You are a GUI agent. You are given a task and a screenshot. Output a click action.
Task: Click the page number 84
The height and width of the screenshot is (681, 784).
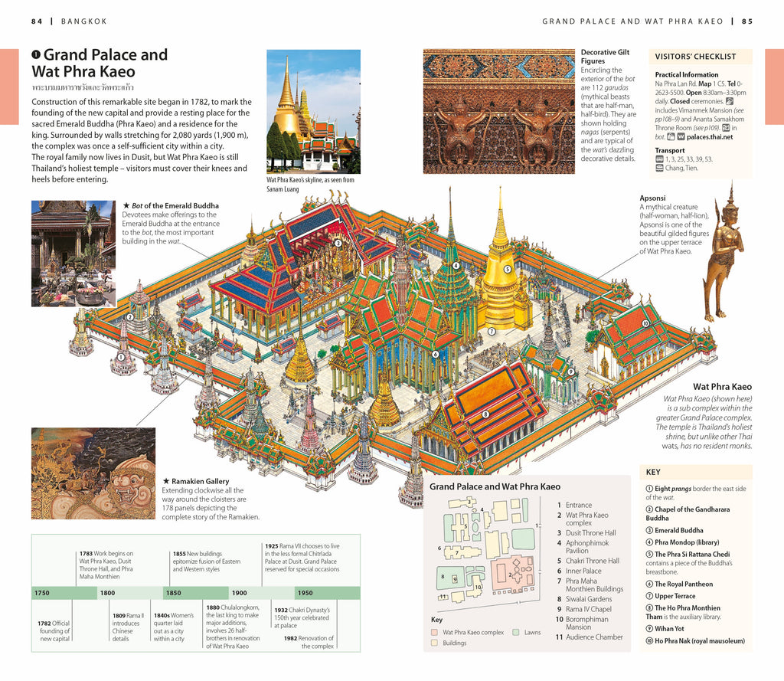(x=37, y=21)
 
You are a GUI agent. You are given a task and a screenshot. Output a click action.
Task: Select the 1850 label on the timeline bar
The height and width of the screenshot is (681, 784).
(x=174, y=593)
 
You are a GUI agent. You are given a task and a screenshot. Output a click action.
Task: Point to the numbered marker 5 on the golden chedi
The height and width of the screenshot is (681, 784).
(x=507, y=269)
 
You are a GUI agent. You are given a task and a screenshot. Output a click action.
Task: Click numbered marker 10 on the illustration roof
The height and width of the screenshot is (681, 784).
(x=645, y=323)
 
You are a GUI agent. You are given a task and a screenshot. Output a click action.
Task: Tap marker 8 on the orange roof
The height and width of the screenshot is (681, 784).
(x=485, y=414)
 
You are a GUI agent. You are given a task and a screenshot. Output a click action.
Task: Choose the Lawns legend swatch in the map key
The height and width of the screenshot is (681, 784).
(x=516, y=633)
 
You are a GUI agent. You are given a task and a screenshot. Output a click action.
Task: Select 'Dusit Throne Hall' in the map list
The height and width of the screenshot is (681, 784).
(x=590, y=533)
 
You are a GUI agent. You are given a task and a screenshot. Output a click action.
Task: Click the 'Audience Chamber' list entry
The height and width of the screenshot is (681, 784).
(x=594, y=637)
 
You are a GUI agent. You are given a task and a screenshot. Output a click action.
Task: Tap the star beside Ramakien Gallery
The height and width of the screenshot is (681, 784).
(x=165, y=481)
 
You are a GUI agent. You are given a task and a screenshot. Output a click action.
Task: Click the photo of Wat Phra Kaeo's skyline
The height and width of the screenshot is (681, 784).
(x=313, y=111)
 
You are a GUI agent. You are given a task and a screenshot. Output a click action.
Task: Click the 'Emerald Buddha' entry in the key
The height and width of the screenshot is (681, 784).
(x=678, y=530)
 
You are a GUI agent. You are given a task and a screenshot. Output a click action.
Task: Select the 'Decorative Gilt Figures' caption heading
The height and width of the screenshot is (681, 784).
(x=605, y=57)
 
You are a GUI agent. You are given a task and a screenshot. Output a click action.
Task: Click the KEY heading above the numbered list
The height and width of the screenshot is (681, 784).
(x=653, y=473)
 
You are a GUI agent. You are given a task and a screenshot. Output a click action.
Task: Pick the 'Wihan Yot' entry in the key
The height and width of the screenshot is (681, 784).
(x=669, y=629)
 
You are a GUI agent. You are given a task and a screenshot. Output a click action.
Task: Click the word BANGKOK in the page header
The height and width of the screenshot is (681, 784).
(x=84, y=21)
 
